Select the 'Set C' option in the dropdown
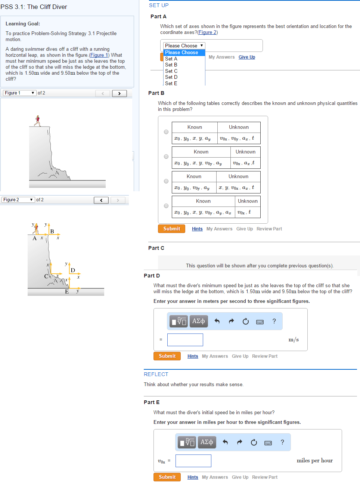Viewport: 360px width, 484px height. [171, 71]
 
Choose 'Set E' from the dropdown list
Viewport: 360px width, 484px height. [171, 83]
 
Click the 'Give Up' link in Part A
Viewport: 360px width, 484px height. [247, 57]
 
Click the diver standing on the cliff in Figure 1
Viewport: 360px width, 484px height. [37, 121]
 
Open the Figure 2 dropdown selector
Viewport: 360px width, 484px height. [18, 200]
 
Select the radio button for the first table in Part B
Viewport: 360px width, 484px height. [166, 132]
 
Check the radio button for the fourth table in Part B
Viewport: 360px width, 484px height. [166, 206]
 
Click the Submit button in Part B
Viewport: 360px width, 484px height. [171, 229]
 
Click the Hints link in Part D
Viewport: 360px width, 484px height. [193, 356]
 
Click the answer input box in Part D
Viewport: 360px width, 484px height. [185, 340]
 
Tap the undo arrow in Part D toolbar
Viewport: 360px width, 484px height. [217, 321]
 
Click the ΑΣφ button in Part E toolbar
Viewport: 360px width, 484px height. [207, 442]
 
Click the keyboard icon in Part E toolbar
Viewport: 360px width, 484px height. [268, 443]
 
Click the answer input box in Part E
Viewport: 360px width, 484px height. [193, 461]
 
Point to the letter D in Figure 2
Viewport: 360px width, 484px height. [73, 270]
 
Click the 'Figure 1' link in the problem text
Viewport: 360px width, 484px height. [99, 55]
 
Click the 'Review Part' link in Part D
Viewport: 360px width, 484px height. [265, 356]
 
